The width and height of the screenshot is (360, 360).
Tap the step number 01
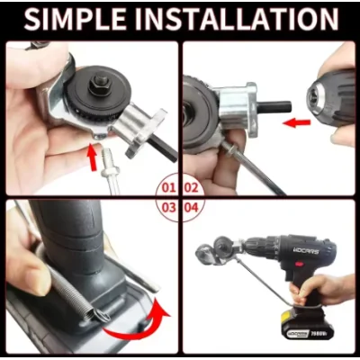pos(167,188)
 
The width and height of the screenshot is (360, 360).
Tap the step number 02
pos(191,188)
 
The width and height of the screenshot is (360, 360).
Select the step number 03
pos(167,206)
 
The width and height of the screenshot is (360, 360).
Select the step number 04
pos(191,206)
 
